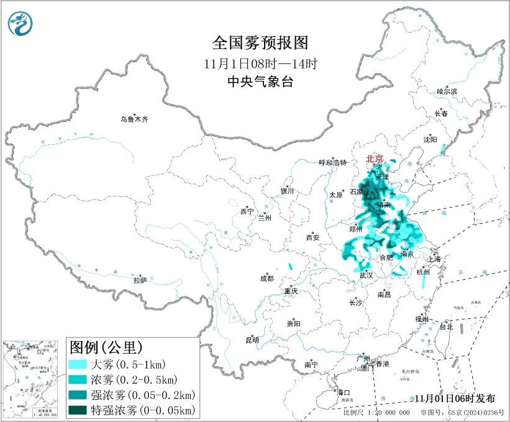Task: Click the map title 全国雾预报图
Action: (x=260, y=43)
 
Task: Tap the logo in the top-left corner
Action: (x=20, y=24)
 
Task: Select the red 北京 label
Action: (x=375, y=159)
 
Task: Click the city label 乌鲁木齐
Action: (x=135, y=119)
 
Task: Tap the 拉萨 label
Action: (x=140, y=280)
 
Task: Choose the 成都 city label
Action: (x=266, y=279)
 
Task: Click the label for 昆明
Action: (x=252, y=340)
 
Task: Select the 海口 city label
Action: (x=344, y=392)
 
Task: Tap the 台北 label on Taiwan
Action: (x=445, y=326)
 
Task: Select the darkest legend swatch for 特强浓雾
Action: (x=80, y=410)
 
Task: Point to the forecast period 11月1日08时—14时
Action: (x=260, y=63)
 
